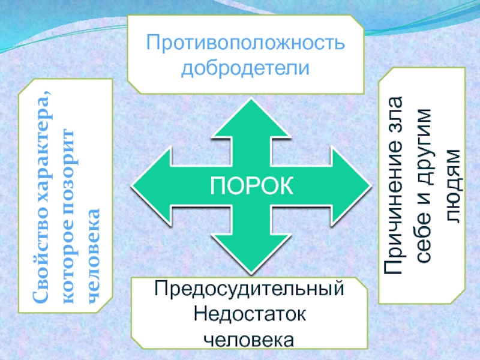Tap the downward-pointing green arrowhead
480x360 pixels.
(x=250, y=252)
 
